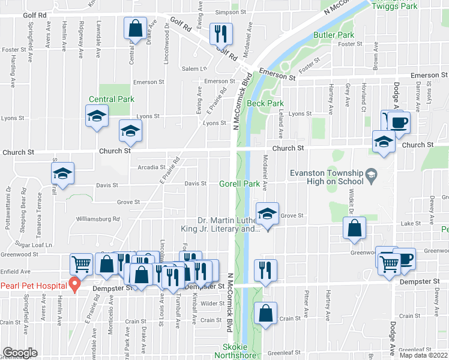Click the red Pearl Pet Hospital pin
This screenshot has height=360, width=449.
(x=74, y=284)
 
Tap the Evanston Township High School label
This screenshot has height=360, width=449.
(x=327, y=176)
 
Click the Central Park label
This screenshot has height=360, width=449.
(x=112, y=99)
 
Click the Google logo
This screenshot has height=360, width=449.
(x=20, y=353)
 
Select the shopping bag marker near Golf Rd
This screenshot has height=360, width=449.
(x=136, y=28)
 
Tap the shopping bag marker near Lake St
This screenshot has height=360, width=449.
(x=354, y=228)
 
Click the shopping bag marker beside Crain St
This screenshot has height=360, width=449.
(x=265, y=313)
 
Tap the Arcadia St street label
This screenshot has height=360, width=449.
(x=151, y=167)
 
